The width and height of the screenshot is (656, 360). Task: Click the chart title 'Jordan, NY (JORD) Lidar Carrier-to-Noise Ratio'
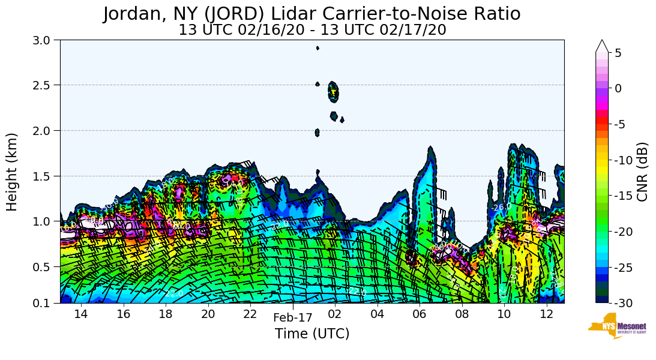(x=311, y=14)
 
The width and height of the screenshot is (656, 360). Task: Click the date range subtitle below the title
(x=312, y=30)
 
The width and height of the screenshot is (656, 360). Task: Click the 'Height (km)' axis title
(x=12, y=172)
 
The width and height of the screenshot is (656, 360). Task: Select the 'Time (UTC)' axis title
(x=312, y=334)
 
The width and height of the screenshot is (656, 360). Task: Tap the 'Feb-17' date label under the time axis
(x=293, y=317)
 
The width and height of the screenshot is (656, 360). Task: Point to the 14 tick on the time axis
(x=81, y=314)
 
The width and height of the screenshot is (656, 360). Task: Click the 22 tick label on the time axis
(x=250, y=314)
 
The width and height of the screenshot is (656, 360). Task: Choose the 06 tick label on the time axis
(x=420, y=314)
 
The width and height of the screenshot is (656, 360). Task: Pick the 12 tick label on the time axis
(x=546, y=314)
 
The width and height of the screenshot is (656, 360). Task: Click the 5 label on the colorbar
(x=618, y=53)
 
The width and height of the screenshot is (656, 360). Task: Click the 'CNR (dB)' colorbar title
(x=642, y=172)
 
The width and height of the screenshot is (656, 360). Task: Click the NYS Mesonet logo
(x=617, y=326)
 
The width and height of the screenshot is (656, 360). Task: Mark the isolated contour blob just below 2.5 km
(x=333, y=92)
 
